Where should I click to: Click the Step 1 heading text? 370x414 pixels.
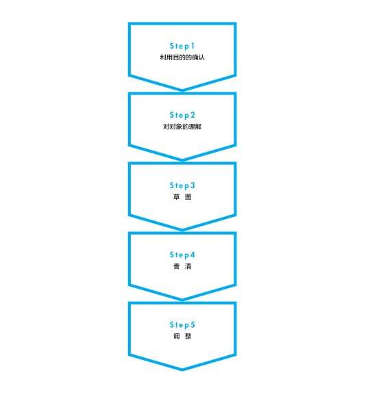(182, 46)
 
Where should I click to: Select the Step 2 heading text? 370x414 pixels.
(182, 115)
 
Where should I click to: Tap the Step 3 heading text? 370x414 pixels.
(182, 185)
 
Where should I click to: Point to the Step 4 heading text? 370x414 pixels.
(182, 255)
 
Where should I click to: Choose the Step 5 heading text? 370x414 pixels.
(182, 325)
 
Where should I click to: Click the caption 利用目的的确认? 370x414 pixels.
(182, 57)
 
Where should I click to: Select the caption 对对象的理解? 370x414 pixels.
(182, 127)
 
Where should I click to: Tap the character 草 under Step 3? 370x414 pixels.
(176, 197)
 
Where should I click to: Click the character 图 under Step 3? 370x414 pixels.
(188, 197)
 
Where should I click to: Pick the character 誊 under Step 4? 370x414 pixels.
(176, 266)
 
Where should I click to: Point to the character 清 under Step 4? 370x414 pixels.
(188, 266)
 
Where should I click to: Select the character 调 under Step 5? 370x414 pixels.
(176, 336)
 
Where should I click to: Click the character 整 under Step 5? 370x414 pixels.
(188, 336)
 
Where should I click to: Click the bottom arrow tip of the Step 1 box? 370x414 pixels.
(182, 91)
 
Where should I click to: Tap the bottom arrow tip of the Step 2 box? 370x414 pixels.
(182, 161)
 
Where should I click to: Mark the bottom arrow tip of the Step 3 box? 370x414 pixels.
(182, 231)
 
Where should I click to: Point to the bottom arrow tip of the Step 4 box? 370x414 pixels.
(182, 300)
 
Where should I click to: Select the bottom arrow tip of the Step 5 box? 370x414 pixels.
(182, 370)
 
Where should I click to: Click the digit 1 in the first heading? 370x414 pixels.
(193, 46)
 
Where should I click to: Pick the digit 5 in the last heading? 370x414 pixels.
(193, 324)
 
